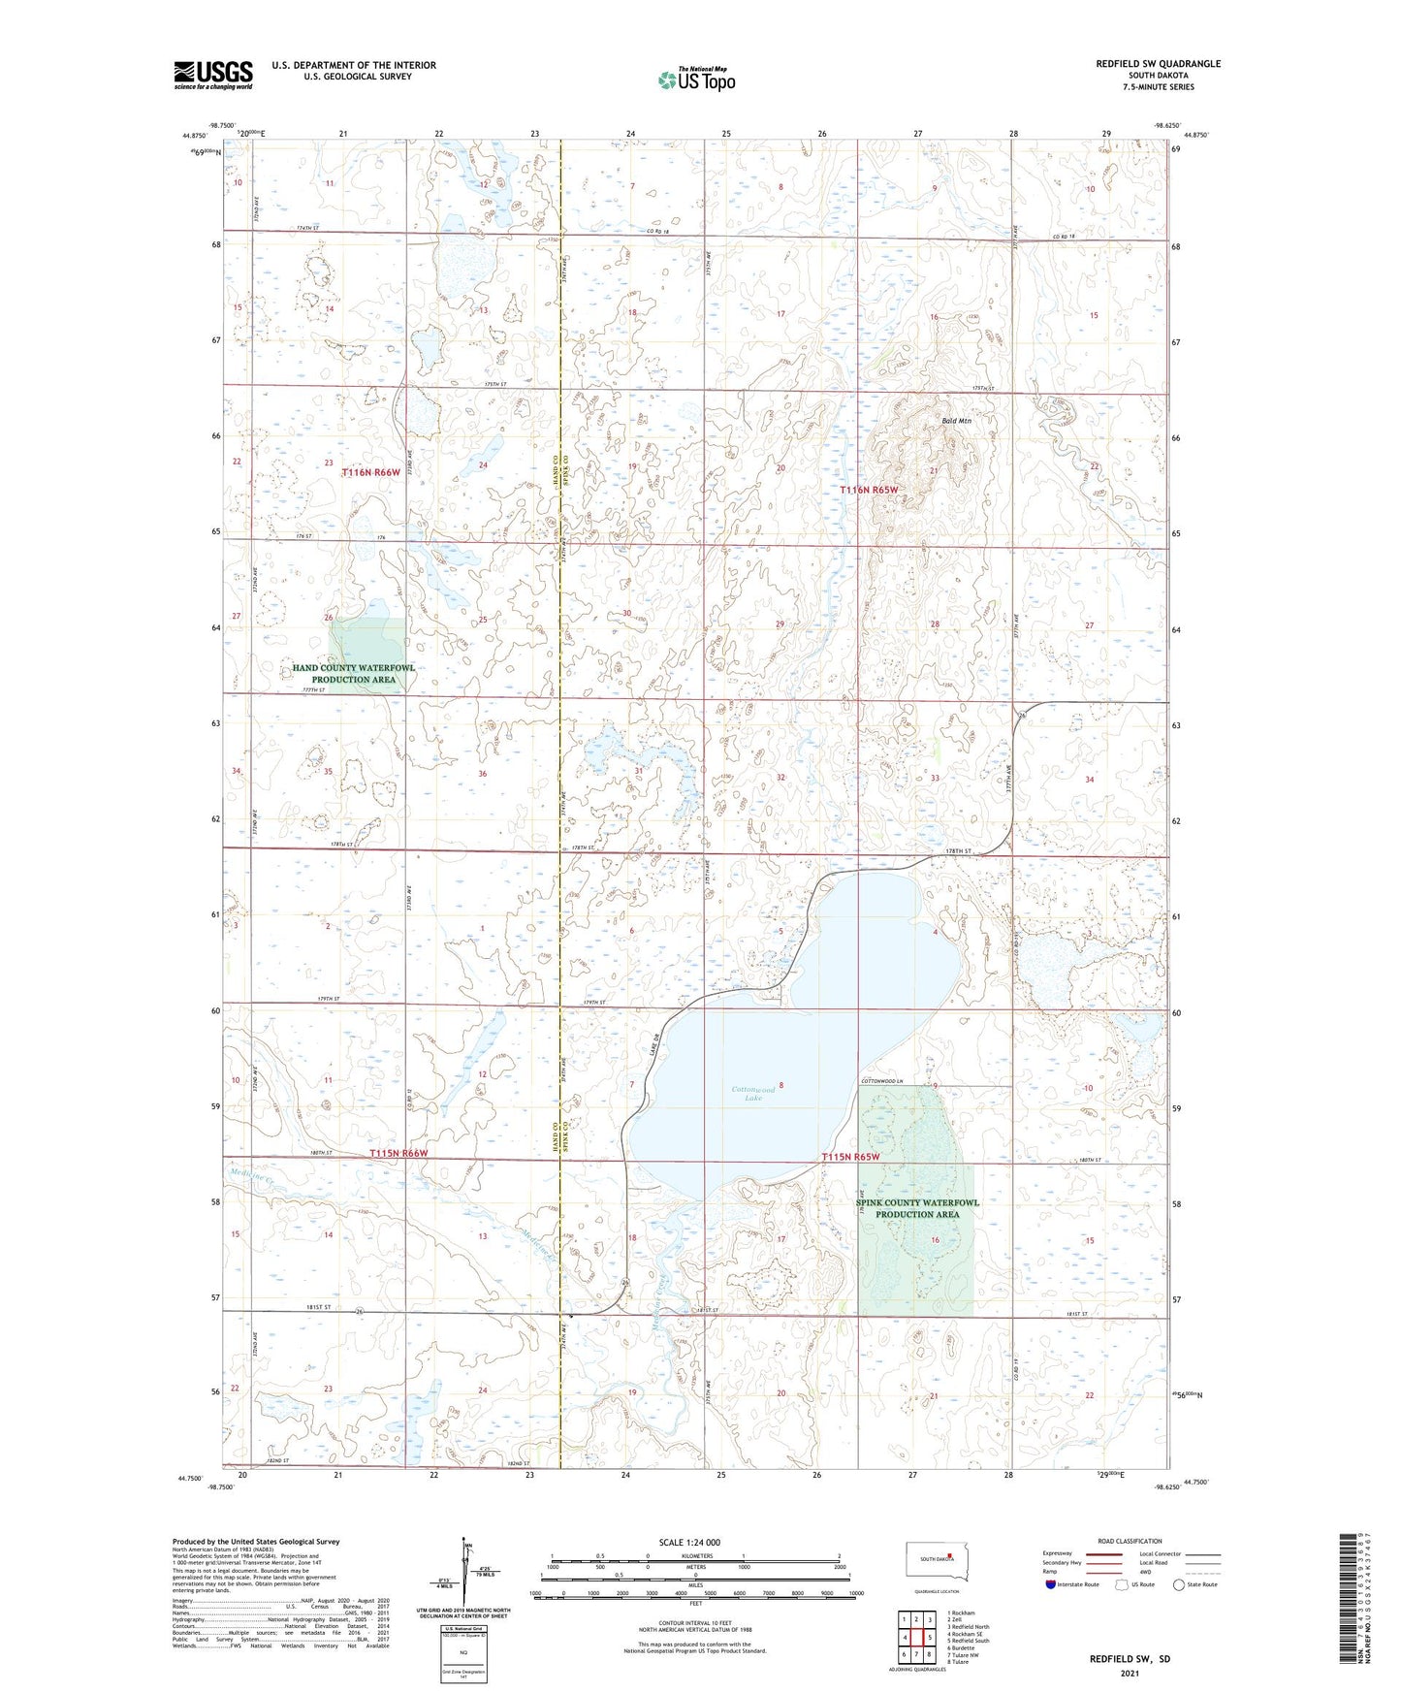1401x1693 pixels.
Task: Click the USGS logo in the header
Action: tap(213, 75)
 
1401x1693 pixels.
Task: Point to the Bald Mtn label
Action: tap(956, 421)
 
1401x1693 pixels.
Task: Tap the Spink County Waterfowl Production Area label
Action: tap(917, 1208)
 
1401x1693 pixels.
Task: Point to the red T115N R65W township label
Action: tap(850, 1157)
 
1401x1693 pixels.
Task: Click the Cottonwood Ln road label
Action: tap(882, 1082)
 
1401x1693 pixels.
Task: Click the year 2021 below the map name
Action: tap(1130, 1674)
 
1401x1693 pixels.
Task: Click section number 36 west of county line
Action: tap(482, 774)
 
